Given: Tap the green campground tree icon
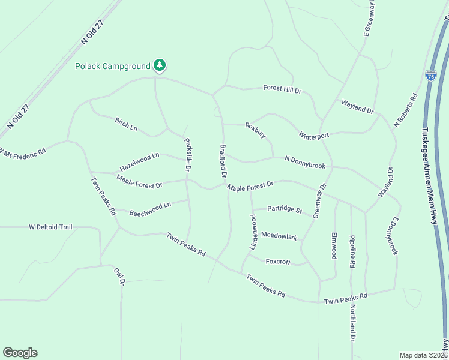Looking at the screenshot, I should tap(159, 65).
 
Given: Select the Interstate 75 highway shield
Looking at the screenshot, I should tap(430, 76).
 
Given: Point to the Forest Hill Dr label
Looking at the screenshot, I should tap(282, 89).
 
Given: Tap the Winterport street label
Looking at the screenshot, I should tap(314, 136).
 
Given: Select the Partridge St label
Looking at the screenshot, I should tap(285, 209).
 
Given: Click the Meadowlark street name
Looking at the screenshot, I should tap(279, 237).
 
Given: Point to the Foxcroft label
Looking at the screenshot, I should tap(278, 262).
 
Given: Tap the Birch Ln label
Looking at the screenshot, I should tap(126, 124).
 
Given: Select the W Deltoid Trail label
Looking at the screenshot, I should tap(50, 227).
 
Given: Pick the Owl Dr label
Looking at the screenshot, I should tap(120, 276).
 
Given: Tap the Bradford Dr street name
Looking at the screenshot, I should tap(223, 161).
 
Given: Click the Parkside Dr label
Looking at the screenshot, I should tap(188, 155).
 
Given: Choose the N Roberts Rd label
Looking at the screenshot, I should tap(405, 110).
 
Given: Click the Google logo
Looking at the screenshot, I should tap(20, 353).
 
